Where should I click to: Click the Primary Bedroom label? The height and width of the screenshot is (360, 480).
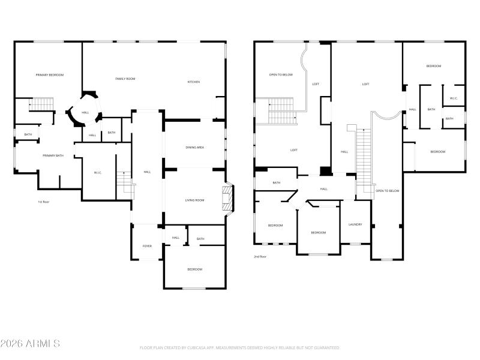click(49, 75)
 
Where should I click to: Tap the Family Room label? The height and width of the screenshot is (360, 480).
click(125, 79)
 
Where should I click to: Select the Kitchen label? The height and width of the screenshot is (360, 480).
click(194, 82)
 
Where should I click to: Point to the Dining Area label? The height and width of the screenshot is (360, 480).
click(195, 147)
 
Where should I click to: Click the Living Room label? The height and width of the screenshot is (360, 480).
click(194, 200)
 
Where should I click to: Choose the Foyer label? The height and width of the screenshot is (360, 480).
click(147, 246)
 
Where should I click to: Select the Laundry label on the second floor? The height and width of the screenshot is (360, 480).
click(355, 224)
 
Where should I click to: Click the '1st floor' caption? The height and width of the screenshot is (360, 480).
click(44, 202)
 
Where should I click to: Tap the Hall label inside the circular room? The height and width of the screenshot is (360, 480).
click(85, 112)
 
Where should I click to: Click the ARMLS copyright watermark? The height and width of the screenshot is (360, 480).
click(30, 344)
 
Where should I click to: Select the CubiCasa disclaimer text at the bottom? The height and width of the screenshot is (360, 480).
click(240, 347)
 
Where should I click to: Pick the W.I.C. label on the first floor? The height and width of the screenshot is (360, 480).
click(98, 173)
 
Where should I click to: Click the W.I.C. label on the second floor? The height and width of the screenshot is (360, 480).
click(454, 98)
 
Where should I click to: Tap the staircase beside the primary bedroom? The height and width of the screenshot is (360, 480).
click(42, 104)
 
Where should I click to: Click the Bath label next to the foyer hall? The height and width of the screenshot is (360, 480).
click(200, 239)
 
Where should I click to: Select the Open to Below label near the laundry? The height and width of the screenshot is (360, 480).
click(387, 191)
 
